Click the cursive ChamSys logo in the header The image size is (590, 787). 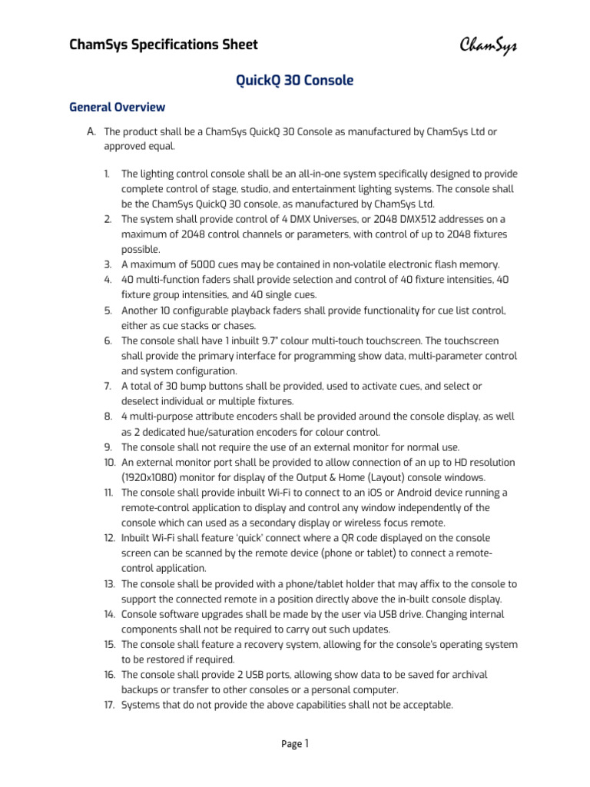489,45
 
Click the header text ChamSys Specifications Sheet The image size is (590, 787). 164,45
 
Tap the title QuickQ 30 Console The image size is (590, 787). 294,81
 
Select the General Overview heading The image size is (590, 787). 118,107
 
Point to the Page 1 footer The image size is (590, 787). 294,743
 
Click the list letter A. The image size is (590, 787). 91,132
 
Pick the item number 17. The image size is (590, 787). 108,704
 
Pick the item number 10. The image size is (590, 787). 108,462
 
